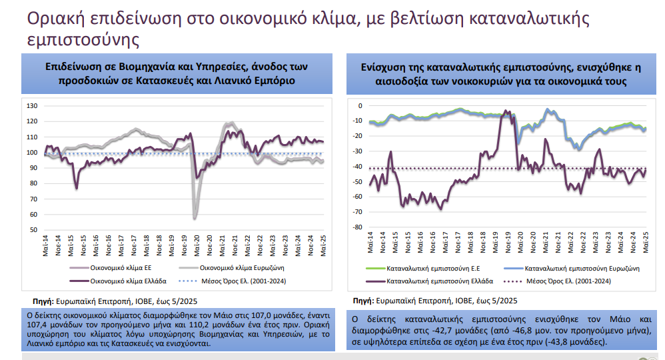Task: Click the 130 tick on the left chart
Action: click(x=31, y=105)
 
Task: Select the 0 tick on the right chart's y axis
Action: click(x=360, y=105)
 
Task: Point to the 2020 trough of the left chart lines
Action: click(x=195, y=217)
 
